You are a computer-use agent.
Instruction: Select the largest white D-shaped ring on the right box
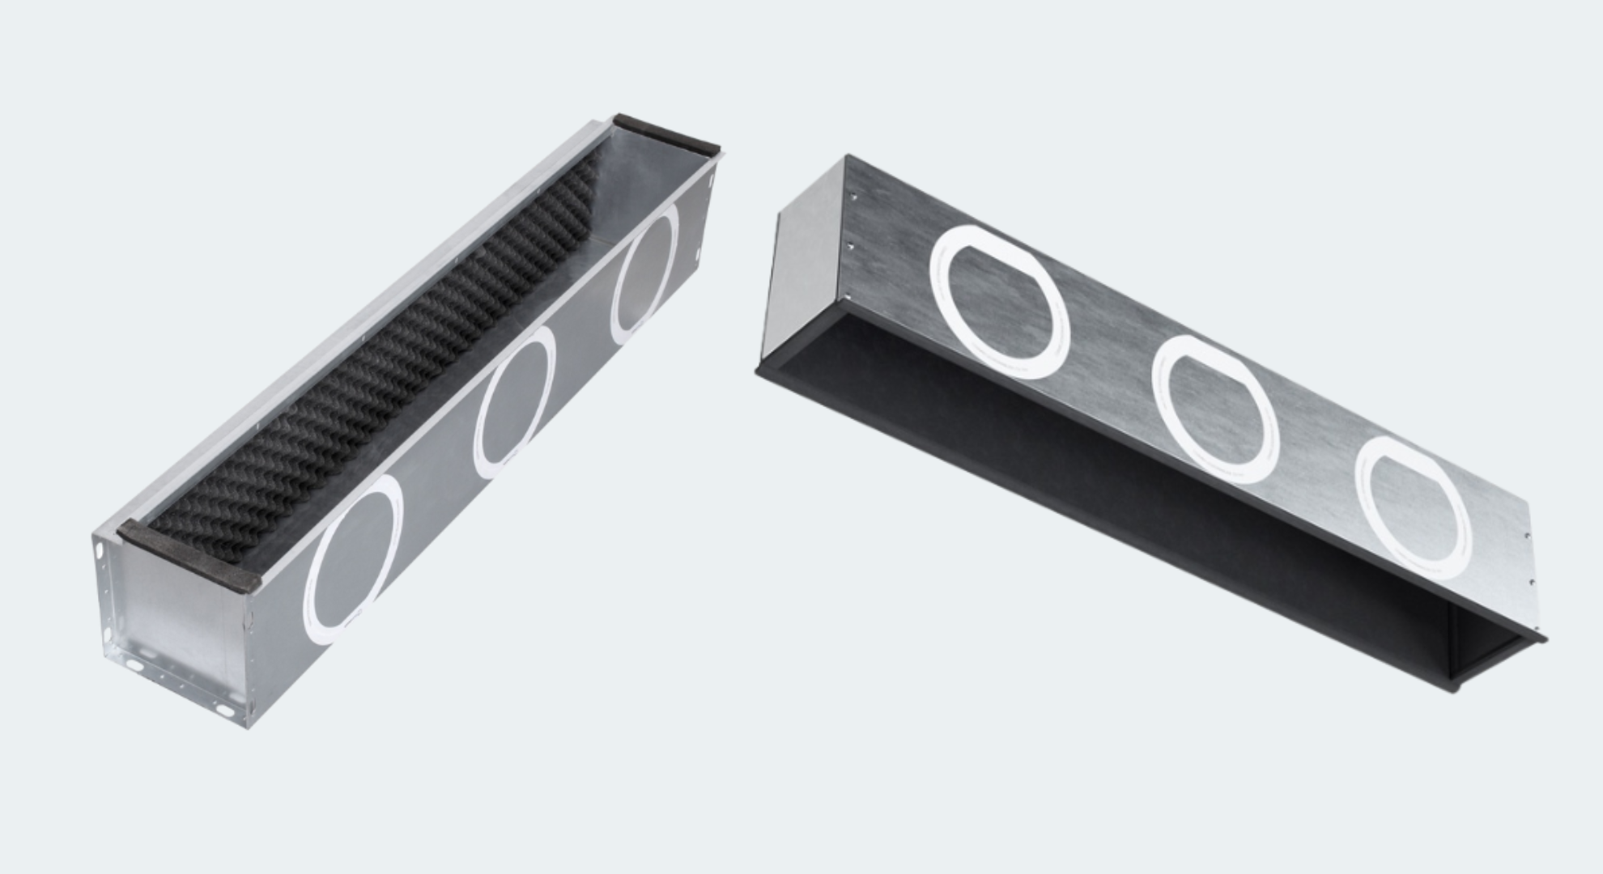[1000, 301]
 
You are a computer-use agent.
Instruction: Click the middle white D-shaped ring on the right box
[1214, 409]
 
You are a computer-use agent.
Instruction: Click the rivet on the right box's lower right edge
[1531, 579]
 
